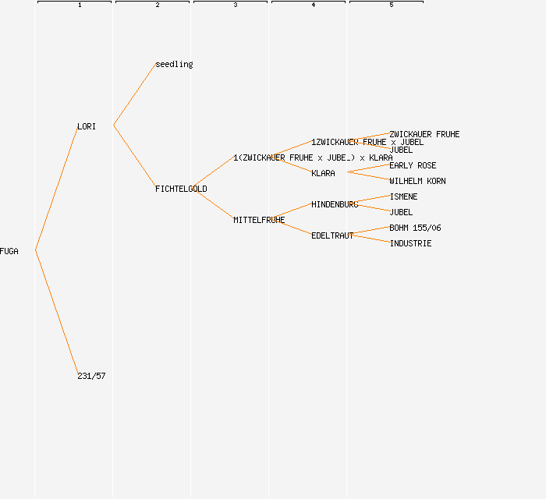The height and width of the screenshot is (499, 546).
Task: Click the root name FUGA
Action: [9, 251]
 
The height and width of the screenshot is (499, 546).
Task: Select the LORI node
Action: [87, 126]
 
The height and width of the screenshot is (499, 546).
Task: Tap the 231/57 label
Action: [91, 376]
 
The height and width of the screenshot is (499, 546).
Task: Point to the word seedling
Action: [174, 64]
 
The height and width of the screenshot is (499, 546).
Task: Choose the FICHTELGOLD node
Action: [181, 189]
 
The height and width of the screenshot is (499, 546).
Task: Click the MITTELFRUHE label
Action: [259, 220]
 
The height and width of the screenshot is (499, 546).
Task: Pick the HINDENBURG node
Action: [335, 204]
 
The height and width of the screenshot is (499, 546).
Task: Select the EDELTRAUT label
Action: [332, 235]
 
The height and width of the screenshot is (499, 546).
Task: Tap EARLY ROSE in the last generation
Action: [413, 165]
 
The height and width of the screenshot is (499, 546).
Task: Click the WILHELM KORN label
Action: [417, 181]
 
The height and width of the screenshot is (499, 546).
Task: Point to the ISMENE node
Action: [403, 196]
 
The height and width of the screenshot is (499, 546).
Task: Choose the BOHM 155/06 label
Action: [415, 228]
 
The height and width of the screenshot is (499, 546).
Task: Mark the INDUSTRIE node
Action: [410, 243]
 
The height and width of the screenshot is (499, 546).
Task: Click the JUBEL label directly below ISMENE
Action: [401, 212]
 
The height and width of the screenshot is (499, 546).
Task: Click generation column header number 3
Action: [235, 5]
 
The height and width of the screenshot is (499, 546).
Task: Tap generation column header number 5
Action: [391, 5]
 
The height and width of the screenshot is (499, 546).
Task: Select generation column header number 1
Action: [79, 5]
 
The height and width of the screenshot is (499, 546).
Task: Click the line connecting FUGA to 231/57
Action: [56, 312]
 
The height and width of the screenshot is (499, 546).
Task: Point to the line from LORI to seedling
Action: [134, 94]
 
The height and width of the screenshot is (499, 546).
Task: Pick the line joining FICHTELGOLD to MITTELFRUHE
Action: [212, 204]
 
